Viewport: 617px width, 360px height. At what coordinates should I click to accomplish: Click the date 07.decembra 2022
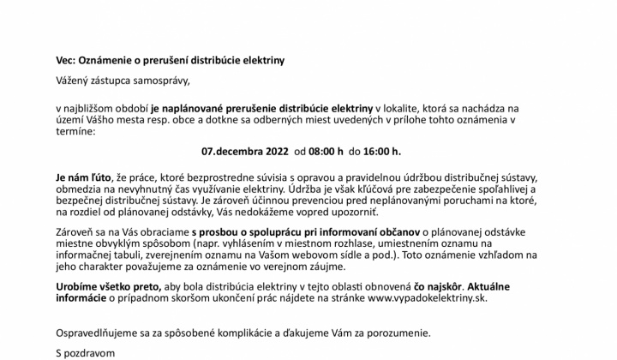pos(244,152)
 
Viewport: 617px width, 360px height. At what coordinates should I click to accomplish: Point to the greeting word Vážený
pos(75,81)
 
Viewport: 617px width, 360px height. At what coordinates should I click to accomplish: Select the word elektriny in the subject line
pos(257,62)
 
